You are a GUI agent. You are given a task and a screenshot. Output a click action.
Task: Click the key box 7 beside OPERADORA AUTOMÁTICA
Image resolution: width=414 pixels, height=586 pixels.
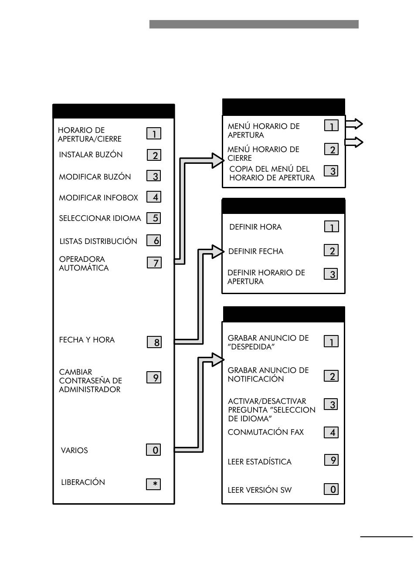pyautogui.click(x=154, y=262)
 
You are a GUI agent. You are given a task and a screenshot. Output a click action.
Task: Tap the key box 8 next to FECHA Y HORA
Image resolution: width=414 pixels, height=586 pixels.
pyautogui.click(x=154, y=342)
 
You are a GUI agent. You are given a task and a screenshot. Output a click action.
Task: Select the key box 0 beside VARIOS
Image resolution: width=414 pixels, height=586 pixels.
pyautogui.click(x=153, y=450)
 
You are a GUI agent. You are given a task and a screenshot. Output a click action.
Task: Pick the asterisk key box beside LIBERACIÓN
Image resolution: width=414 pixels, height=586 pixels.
pyautogui.click(x=153, y=484)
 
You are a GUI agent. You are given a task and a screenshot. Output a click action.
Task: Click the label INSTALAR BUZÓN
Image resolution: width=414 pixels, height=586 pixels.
pyautogui.click(x=91, y=154)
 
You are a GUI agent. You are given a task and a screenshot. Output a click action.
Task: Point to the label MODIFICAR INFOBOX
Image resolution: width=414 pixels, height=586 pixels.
pyautogui.click(x=98, y=197)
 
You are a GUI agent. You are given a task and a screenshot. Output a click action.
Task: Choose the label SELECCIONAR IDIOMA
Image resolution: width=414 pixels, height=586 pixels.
pyautogui.click(x=100, y=218)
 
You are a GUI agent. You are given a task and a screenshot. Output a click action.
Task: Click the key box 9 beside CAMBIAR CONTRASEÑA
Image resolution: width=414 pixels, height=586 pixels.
pyautogui.click(x=153, y=377)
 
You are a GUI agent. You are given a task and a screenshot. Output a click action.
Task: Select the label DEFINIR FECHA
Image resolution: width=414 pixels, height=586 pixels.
pyautogui.click(x=256, y=251)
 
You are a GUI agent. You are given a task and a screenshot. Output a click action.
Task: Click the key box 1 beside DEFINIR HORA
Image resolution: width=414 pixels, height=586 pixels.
pyautogui.click(x=331, y=226)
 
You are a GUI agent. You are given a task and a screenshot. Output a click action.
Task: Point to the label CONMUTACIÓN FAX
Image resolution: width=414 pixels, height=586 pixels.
pyautogui.click(x=266, y=432)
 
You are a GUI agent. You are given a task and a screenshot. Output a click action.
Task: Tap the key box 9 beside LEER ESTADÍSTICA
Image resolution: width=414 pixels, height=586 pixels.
pyautogui.click(x=331, y=460)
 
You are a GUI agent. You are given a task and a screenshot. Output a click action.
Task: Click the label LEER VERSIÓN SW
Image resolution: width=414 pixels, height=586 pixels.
pyautogui.click(x=260, y=490)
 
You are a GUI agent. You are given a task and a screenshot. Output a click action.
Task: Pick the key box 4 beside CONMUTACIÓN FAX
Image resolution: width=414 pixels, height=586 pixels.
pyautogui.click(x=331, y=432)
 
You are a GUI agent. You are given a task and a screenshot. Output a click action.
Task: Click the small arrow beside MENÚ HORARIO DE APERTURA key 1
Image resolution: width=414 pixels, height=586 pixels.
pyautogui.click(x=354, y=124)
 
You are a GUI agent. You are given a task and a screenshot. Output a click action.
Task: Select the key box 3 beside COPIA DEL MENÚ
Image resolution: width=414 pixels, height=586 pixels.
pyautogui.click(x=331, y=171)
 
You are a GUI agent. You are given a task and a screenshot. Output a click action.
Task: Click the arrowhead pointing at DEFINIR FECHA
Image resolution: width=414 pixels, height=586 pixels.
pyautogui.click(x=218, y=252)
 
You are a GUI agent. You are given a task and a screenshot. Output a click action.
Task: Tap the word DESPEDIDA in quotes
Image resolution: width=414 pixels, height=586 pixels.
pyautogui.click(x=251, y=347)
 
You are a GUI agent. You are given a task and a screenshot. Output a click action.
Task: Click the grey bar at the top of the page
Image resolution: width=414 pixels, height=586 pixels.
pyautogui.click(x=254, y=24)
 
